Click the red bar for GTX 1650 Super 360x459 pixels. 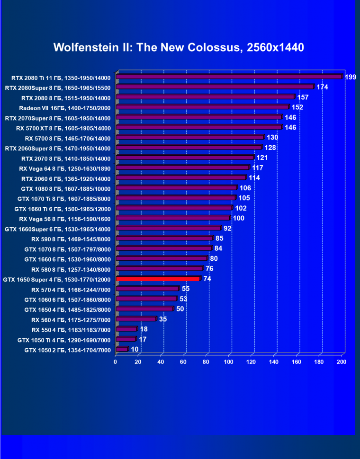click(158, 279)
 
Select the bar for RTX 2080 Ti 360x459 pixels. click(229, 77)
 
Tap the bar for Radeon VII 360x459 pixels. click(202, 107)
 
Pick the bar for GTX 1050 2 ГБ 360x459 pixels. click(122, 349)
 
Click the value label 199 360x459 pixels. click(351, 77)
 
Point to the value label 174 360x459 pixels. click(323, 87)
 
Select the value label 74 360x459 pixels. click(207, 279)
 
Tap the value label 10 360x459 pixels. click(135, 349)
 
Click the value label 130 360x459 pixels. click(272, 138)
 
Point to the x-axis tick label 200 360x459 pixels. click(341, 362)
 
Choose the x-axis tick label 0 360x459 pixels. click(116, 362)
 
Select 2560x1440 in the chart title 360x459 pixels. click(276, 47)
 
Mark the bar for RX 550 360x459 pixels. click(126, 329)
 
